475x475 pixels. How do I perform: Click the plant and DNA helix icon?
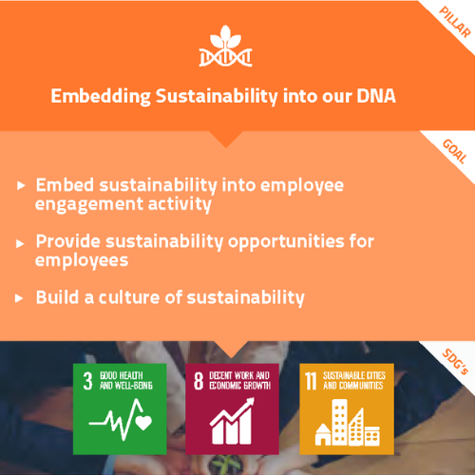pyautogui.click(x=225, y=47)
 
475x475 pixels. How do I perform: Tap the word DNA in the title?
pyautogui.click(x=376, y=96)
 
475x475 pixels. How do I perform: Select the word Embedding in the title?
pyautogui.click(x=101, y=97)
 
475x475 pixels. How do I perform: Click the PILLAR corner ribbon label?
pyautogui.click(x=455, y=22)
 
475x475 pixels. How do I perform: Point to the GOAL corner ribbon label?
pyautogui.click(x=455, y=151)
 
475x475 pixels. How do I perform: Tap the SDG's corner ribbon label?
pyautogui.click(x=455, y=361)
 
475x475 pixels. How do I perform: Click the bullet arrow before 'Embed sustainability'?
pyautogui.click(x=21, y=185)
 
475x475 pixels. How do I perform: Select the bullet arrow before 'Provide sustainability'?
pyautogui.click(x=20, y=243)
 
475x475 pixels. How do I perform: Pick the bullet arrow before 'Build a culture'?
pyautogui.click(x=19, y=298)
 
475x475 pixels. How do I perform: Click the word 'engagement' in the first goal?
pyautogui.click(x=88, y=205)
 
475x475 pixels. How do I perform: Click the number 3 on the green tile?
pyautogui.click(x=87, y=381)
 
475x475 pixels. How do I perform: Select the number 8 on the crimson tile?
pyautogui.click(x=199, y=381)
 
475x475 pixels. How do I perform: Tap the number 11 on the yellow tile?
pyautogui.click(x=311, y=381)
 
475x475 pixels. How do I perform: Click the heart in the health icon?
pyautogui.click(x=143, y=423)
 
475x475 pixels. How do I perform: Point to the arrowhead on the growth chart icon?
pyautogui.click(x=249, y=403)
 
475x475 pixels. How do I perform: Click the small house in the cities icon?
pyautogui.click(x=323, y=434)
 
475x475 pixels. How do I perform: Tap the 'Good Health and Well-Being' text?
pyautogui.click(x=126, y=381)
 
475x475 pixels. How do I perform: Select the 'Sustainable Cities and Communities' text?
pyautogui.click(x=354, y=381)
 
